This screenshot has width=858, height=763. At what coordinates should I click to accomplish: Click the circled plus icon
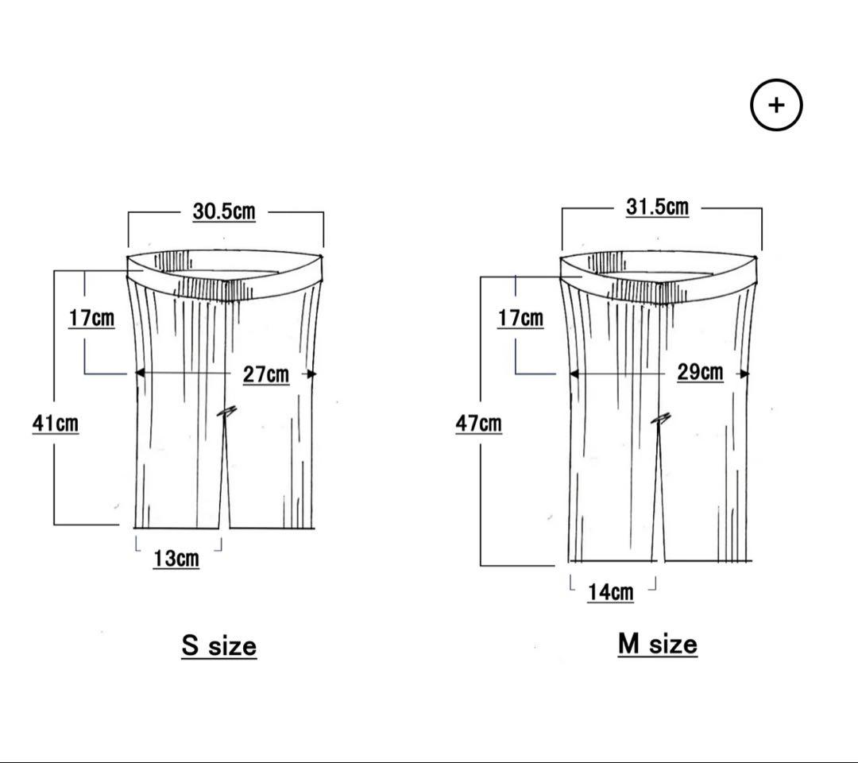776,105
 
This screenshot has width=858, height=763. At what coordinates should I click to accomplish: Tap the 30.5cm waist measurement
224,211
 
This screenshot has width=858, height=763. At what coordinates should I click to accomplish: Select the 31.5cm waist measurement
657,207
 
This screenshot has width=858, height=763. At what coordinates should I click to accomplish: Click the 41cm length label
56,423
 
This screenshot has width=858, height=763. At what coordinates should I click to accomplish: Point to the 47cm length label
479,423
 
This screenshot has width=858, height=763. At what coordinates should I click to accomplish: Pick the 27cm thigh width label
266,374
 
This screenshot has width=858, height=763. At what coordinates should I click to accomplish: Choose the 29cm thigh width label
700,372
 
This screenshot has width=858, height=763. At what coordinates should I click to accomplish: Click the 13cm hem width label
176,559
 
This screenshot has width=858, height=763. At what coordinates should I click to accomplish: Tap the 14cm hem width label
611,592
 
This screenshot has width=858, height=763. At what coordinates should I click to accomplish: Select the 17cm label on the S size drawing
91,318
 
